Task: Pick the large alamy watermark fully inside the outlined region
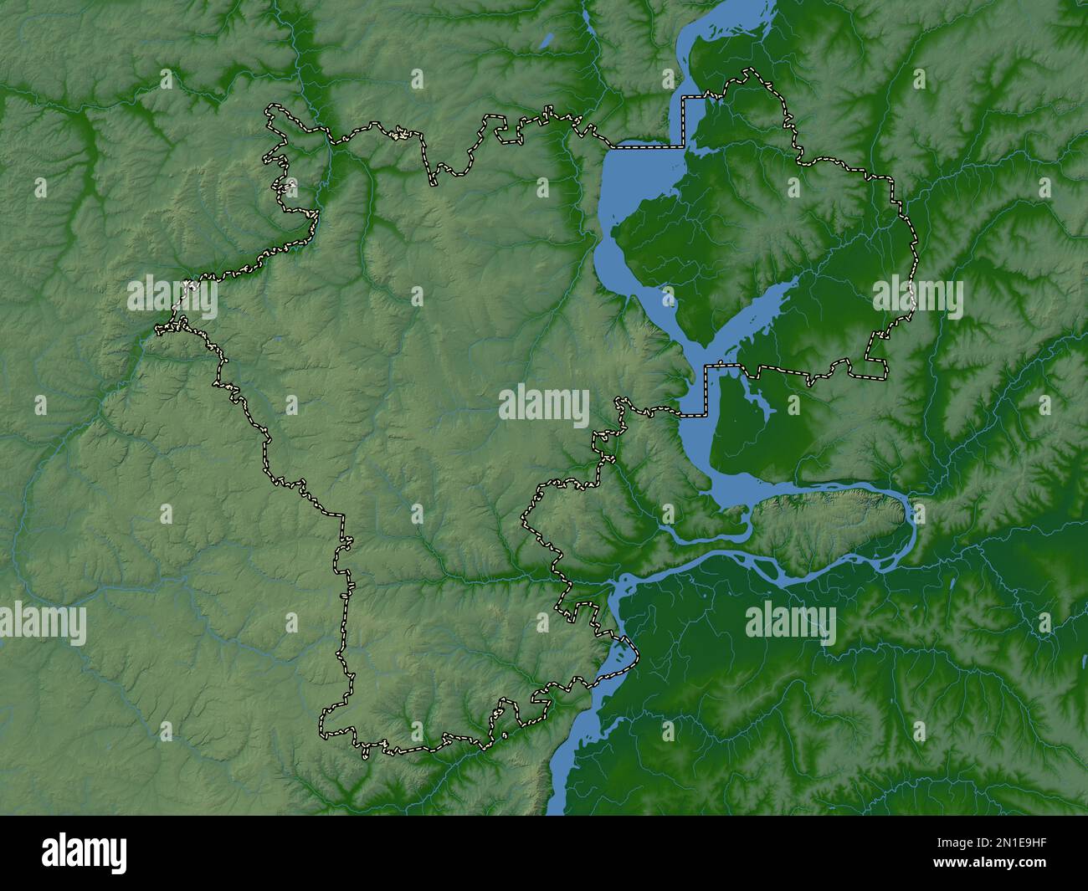544,406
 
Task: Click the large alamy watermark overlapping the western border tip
172,297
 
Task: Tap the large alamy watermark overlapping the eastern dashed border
917,298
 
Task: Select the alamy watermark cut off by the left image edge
42,624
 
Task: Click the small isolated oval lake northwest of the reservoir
547,39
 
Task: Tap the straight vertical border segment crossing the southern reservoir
707,390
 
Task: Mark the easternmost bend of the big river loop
912,515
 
